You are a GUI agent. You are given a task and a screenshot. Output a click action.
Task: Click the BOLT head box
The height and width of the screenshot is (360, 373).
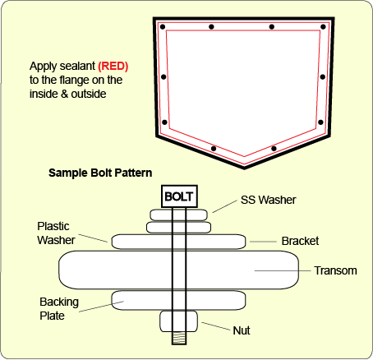pyautogui.click(x=179, y=196)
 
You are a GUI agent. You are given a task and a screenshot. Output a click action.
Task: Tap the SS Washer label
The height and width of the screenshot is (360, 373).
pyautogui.click(x=269, y=200)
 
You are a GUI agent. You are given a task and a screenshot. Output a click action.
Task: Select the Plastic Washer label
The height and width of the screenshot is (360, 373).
pyautogui.click(x=56, y=233)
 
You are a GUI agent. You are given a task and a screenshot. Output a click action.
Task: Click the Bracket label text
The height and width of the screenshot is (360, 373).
pyautogui.click(x=300, y=241)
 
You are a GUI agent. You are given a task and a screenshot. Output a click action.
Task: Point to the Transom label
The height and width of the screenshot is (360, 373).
pyautogui.click(x=335, y=270)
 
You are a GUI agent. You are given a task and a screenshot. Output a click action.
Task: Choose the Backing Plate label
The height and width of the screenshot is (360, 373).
pyautogui.click(x=59, y=309)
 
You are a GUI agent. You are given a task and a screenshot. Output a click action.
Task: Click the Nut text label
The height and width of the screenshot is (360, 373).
pyautogui.click(x=242, y=330)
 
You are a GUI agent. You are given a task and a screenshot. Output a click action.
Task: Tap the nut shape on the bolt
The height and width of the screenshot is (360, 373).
pyautogui.click(x=178, y=321)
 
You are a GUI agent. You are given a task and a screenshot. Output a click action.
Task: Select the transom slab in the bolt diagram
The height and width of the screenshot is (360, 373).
pyautogui.click(x=178, y=270)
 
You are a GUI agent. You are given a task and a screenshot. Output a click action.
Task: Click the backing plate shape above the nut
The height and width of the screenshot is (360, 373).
pyautogui.click(x=178, y=301)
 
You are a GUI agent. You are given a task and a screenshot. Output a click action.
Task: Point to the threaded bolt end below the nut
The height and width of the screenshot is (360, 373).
pyautogui.click(x=179, y=338)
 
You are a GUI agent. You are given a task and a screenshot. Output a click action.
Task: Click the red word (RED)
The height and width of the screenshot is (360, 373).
pyautogui.click(x=113, y=67)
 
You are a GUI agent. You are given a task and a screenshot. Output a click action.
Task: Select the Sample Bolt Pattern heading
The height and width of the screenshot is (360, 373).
pyautogui.click(x=100, y=173)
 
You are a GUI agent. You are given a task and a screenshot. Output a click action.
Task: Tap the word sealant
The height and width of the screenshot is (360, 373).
pyautogui.click(x=77, y=66)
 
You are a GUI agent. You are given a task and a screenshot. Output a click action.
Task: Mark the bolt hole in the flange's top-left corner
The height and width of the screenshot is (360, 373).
pyautogui.click(x=163, y=27)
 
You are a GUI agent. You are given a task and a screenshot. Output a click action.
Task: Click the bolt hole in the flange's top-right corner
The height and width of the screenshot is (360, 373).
pyautogui.click(x=323, y=27)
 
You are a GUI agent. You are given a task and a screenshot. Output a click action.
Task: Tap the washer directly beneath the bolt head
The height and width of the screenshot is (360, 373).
pyautogui.click(x=179, y=215)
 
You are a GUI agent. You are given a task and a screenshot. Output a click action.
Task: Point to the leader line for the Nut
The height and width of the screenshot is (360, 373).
pyautogui.click(x=216, y=326)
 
